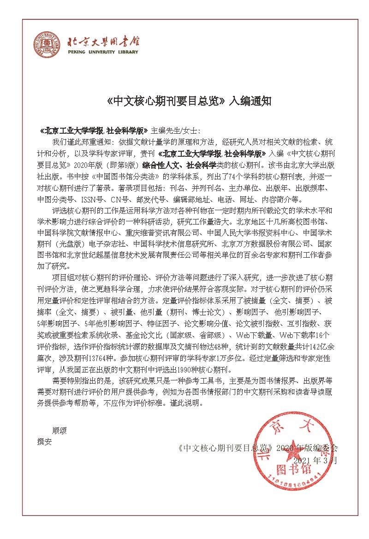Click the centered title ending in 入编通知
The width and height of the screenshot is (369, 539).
pyautogui.click(x=184, y=101)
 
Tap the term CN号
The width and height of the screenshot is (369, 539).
pyautogui.click(x=121, y=199)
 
